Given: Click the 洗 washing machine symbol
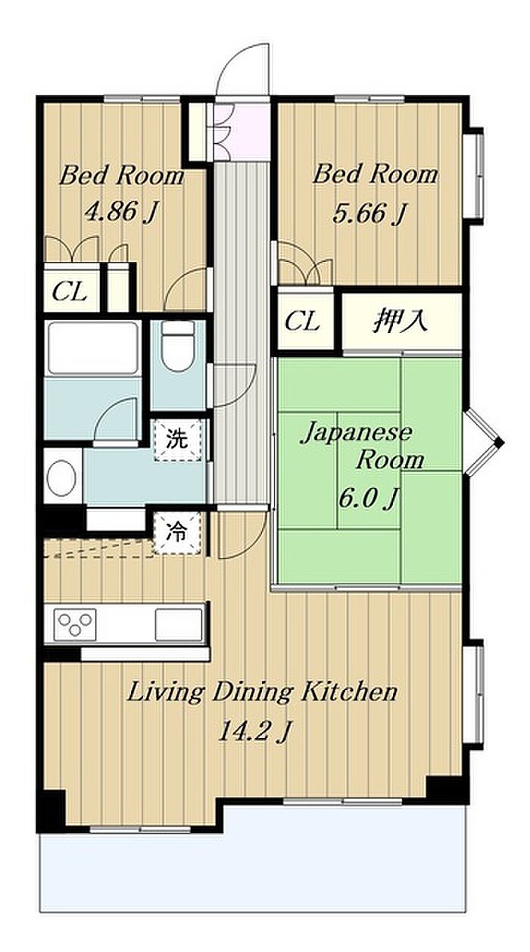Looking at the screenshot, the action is [x=177, y=440].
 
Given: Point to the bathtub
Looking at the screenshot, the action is [x=93, y=347].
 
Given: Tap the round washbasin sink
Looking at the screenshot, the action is [x=61, y=478].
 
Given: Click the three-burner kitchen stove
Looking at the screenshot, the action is [x=75, y=624].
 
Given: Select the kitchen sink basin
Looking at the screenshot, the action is [x=179, y=624].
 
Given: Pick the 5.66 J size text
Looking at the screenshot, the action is [x=368, y=213].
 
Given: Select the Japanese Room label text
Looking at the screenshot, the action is [x=362, y=446].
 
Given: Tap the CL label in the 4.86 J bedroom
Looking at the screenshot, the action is [x=70, y=291].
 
